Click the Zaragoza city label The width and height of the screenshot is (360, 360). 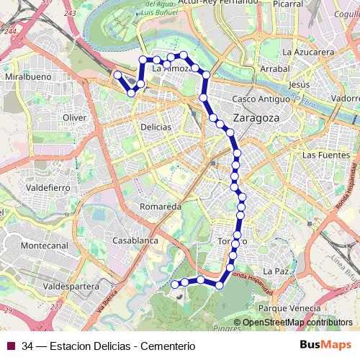click(x=258, y=117)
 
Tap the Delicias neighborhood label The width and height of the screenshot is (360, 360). click(x=156, y=127)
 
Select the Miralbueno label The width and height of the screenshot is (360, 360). click(x=25, y=76)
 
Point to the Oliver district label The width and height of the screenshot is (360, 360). click(x=74, y=117)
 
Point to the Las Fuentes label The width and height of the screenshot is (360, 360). click(x=325, y=155)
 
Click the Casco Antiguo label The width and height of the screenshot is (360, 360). click(x=258, y=99)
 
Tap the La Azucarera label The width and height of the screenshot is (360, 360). click(x=307, y=53)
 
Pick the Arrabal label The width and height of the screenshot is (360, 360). click(x=274, y=68)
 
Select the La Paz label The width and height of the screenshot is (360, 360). click(x=276, y=271)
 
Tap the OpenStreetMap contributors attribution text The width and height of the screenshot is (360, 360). click(x=297, y=323)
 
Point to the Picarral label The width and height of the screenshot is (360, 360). click(x=308, y=4)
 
